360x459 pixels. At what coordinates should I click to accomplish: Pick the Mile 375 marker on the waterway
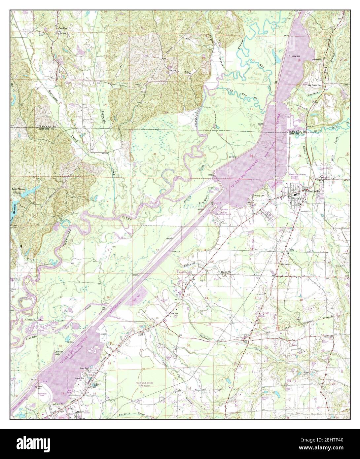click(175, 251)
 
